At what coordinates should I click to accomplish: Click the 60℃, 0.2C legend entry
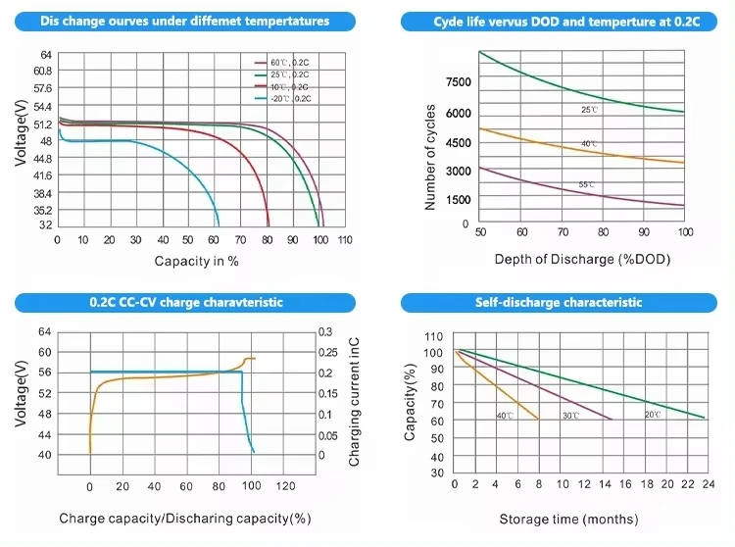(x=288, y=62)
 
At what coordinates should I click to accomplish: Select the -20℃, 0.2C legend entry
(x=288, y=98)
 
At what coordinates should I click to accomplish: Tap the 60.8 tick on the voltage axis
(x=42, y=71)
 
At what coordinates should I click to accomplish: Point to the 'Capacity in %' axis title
(x=196, y=261)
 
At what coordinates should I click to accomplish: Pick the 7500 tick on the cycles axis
(x=459, y=82)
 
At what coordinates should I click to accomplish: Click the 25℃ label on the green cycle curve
(x=589, y=110)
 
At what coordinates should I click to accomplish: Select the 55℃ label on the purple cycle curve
(x=586, y=185)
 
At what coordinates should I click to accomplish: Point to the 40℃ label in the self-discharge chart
(x=504, y=416)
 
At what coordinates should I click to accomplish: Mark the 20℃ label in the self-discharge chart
(x=652, y=415)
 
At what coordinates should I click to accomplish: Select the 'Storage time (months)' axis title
(x=567, y=519)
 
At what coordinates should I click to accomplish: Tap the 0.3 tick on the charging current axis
(x=324, y=333)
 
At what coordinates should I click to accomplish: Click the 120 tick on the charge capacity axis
(x=285, y=486)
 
